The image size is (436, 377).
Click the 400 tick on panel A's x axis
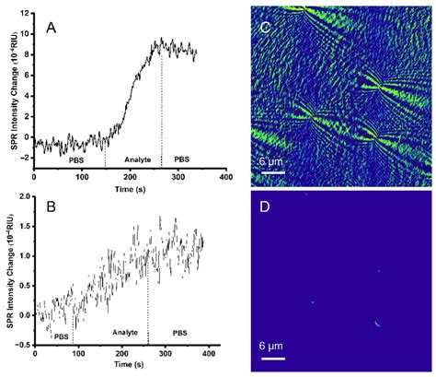(225, 175)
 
